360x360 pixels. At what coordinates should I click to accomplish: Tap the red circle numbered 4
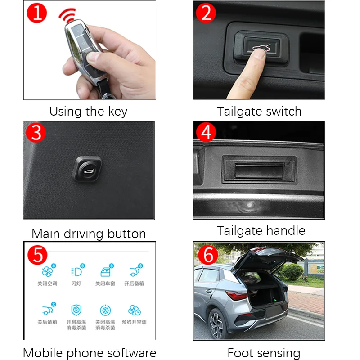click(x=207, y=132)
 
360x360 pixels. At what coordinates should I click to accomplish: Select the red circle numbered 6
click(x=207, y=255)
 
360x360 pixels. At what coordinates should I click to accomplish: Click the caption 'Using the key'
click(x=89, y=111)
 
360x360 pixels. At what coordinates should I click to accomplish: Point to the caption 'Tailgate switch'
click(x=259, y=111)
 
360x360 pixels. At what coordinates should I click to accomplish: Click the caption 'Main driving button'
click(x=89, y=234)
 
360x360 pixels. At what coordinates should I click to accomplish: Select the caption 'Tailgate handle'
click(x=261, y=231)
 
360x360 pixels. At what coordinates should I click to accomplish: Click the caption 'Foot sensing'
click(x=264, y=353)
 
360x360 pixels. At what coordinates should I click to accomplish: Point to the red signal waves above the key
click(x=68, y=16)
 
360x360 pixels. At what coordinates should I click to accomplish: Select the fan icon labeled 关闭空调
click(x=47, y=272)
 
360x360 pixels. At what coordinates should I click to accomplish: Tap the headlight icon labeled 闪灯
click(x=76, y=272)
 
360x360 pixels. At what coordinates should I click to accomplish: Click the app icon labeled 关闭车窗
click(x=105, y=272)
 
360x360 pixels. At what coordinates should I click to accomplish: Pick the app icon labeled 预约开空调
click(x=134, y=310)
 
